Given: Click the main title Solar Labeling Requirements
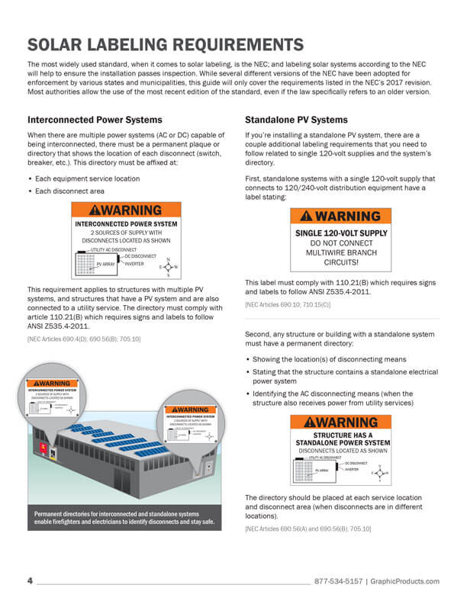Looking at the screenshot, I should tap(166, 44).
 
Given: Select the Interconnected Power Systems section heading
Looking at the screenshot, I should tap(95, 120).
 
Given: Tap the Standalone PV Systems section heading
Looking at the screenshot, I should tap(296, 120).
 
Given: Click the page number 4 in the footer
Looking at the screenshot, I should tap(30, 581).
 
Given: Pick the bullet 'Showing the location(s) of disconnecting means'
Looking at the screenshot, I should tap(330, 359).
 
